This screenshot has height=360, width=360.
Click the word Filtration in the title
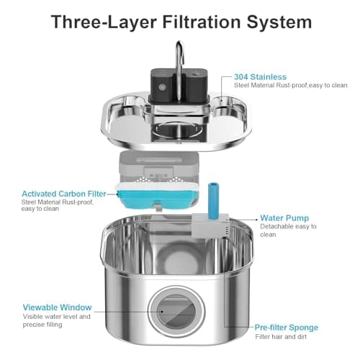point(202,22)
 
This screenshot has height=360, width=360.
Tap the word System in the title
point(279,22)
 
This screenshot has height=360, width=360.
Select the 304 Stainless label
point(260,77)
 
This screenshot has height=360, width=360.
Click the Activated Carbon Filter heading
point(64,194)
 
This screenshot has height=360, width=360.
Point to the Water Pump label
point(284,218)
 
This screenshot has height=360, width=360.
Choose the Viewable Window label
point(57,307)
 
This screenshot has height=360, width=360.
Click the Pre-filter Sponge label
point(287,328)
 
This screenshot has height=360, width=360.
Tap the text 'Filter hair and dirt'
point(281,337)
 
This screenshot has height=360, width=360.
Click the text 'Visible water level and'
point(57,317)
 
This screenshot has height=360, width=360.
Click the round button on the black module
point(162,87)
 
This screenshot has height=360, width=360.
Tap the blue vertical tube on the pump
point(213,201)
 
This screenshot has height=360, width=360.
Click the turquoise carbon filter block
point(157,199)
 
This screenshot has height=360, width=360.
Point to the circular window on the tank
point(176,312)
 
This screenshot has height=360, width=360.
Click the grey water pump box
point(210,225)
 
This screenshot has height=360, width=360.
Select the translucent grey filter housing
point(159,167)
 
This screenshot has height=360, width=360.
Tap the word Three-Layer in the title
point(104,22)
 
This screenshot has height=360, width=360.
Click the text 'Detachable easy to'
point(288,226)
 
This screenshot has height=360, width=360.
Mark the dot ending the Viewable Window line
point(162,312)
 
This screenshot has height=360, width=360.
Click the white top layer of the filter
point(157,186)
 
